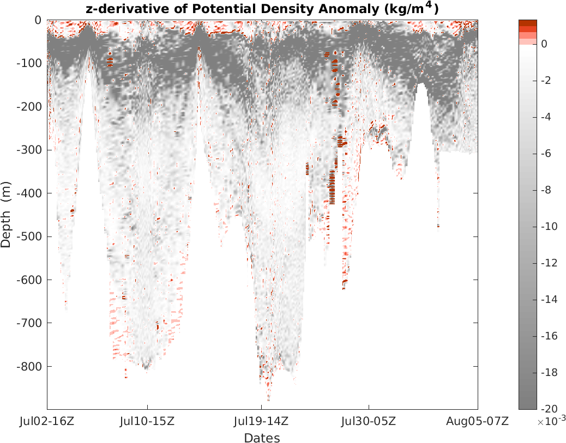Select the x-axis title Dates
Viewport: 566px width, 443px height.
point(262,438)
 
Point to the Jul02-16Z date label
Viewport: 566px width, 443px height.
point(47,421)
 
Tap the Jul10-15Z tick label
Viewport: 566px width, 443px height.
point(147,421)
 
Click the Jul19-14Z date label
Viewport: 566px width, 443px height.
point(261,421)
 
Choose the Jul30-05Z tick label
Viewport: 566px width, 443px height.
point(369,421)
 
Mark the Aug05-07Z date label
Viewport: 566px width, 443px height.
point(478,421)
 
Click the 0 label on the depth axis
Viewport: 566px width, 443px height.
point(38,20)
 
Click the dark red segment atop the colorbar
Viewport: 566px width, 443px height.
point(527,22)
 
